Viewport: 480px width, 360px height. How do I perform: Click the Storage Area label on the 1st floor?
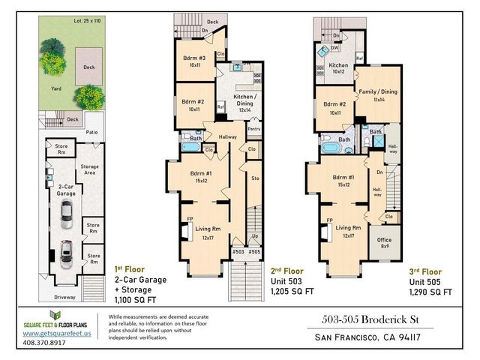coord(89,173)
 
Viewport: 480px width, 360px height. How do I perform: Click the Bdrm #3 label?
coord(194,61)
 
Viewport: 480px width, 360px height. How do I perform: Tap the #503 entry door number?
coord(238,253)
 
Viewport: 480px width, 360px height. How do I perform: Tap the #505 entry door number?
coord(255,253)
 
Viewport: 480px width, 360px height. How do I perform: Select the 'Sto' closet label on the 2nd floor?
coord(255,178)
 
